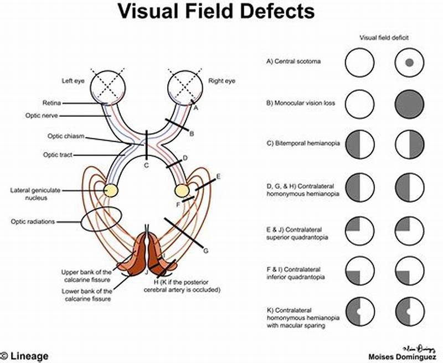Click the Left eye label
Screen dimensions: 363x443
point(73,81)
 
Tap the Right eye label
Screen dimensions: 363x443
point(221,81)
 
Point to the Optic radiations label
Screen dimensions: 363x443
point(34,222)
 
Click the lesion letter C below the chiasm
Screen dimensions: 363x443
point(146,165)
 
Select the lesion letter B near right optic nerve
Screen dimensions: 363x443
point(192,133)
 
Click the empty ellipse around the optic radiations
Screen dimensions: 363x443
point(101,220)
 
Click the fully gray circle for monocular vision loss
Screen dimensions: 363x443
point(410,103)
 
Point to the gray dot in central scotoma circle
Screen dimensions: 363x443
point(410,63)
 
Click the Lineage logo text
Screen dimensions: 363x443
point(28,356)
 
